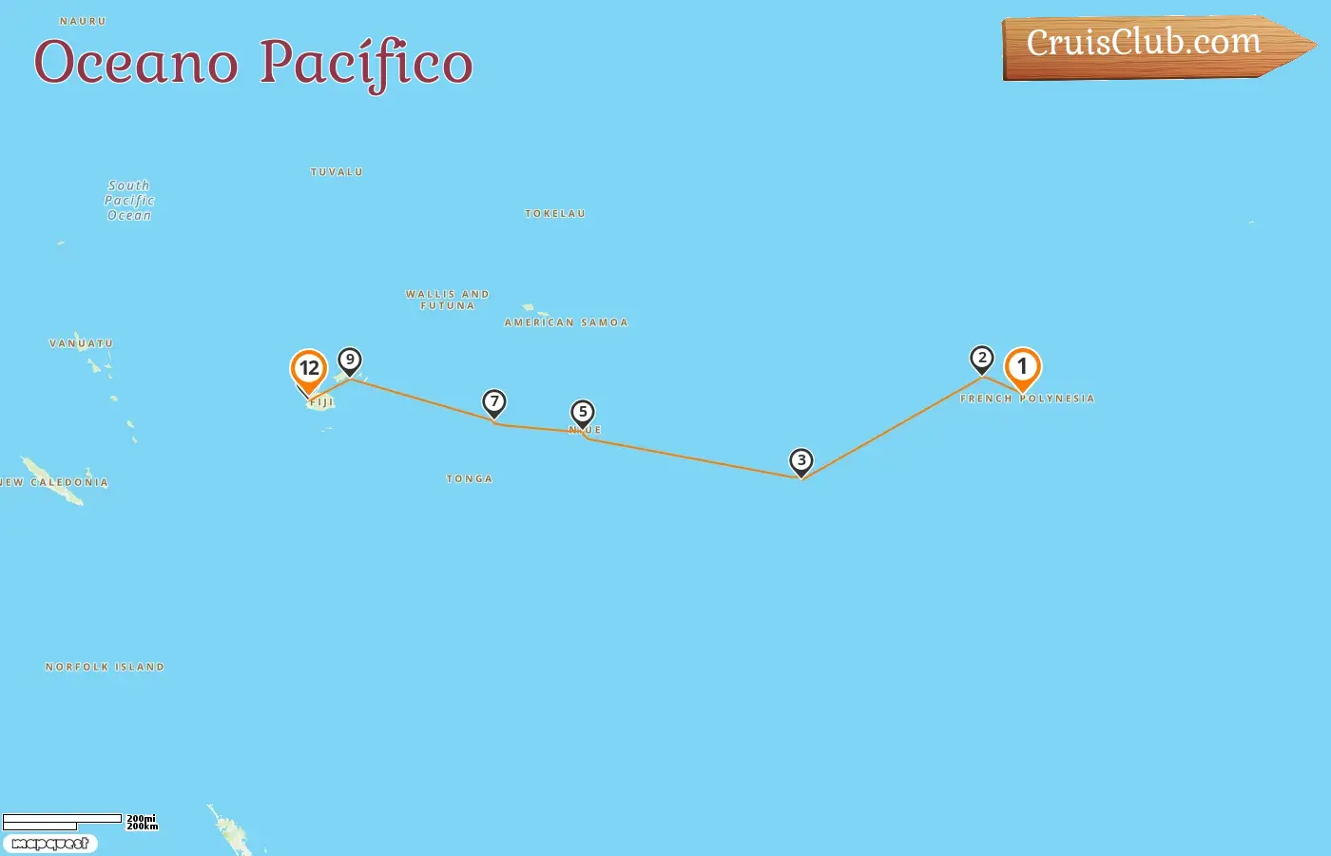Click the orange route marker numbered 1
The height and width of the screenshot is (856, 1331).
click(x=1023, y=366)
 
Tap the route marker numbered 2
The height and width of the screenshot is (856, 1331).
click(x=982, y=359)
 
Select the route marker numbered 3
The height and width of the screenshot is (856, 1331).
click(x=801, y=461)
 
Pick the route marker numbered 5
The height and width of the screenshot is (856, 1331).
click(x=583, y=413)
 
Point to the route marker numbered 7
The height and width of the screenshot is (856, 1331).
click(x=494, y=402)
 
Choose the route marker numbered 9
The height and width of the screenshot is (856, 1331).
click(x=350, y=360)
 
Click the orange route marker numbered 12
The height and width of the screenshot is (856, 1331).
click(x=309, y=369)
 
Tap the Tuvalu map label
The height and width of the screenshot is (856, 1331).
click(x=337, y=172)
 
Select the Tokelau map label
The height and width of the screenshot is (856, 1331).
click(x=555, y=214)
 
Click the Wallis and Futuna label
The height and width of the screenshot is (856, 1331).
click(x=448, y=300)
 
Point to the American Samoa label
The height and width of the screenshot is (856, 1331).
click(x=566, y=322)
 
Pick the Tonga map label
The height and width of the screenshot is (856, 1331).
click(x=470, y=479)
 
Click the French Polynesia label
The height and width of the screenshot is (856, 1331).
click(x=1027, y=399)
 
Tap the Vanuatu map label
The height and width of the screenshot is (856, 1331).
click(x=81, y=343)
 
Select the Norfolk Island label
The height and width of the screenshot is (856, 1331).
click(x=105, y=668)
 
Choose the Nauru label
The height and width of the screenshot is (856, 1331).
click(x=83, y=21)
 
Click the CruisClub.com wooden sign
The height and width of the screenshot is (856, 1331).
click(x=1146, y=46)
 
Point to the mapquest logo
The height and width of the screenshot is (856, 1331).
click(x=50, y=844)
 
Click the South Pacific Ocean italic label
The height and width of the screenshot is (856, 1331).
click(x=129, y=201)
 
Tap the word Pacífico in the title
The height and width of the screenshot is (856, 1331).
click(x=366, y=64)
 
